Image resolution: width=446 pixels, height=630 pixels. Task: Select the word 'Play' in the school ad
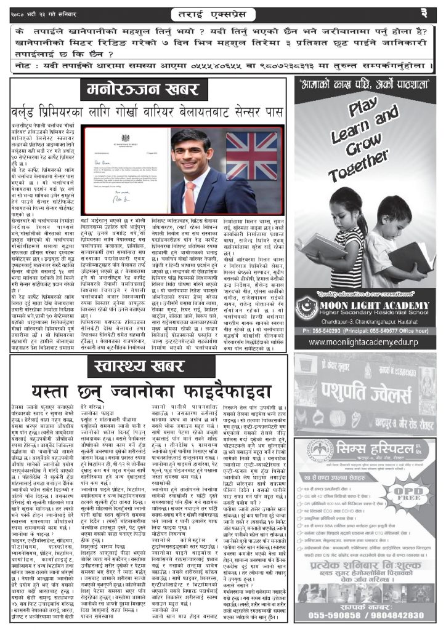tap(362, 110)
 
